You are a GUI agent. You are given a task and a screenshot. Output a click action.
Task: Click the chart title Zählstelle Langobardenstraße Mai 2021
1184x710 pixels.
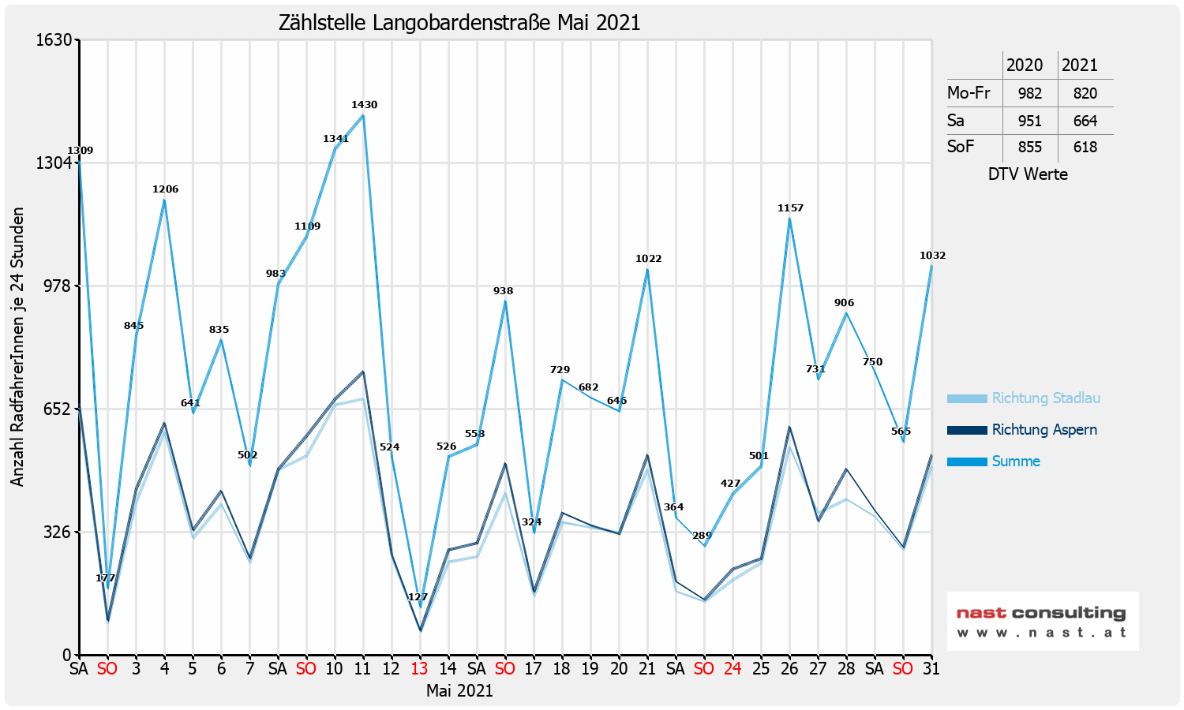(459, 22)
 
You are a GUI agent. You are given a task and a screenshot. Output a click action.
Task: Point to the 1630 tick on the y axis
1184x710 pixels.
(54, 39)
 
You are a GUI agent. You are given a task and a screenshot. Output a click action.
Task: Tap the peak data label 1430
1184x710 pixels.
(364, 105)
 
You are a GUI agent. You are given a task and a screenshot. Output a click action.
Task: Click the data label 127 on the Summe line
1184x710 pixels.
(418, 597)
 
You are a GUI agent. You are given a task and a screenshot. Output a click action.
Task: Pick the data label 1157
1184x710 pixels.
(790, 208)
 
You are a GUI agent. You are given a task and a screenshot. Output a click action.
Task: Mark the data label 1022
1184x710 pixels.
(648, 259)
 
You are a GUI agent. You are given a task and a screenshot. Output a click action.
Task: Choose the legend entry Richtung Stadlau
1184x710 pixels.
(1045, 398)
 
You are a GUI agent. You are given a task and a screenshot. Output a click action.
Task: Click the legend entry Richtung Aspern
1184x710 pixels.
(1043, 430)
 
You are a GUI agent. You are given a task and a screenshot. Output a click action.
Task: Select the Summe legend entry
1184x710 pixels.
(1015, 461)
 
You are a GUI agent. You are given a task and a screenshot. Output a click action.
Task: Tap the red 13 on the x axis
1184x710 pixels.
(419, 669)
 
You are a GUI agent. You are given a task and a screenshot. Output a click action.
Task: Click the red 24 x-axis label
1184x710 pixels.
(733, 669)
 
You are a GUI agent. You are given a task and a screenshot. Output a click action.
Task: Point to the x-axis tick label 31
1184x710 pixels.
(931, 669)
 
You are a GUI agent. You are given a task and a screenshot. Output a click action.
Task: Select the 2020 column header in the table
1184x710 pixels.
(1025, 65)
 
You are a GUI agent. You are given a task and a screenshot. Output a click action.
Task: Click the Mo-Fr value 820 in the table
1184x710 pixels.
(1085, 93)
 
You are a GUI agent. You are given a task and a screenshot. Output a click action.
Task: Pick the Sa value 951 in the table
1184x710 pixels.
(1029, 121)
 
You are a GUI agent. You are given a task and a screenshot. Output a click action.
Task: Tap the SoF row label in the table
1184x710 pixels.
(961, 147)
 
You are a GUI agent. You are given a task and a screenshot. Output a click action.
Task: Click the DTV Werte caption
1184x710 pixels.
(1028, 174)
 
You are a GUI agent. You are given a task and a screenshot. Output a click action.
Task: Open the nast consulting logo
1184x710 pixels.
(1042, 621)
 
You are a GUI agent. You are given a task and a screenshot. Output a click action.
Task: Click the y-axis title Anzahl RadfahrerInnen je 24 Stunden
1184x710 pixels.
(18, 347)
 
